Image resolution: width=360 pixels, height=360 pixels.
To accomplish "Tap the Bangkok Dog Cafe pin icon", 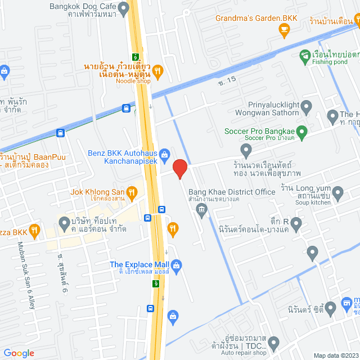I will pyautogui.click(x=124, y=7).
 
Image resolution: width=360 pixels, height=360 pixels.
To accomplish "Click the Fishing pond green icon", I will pyautogui.click(x=304, y=55).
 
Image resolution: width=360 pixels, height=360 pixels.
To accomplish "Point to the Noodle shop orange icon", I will pyautogui.click(x=158, y=70).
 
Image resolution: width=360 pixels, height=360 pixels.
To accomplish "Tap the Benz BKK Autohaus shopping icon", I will pyautogui.click(x=165, y=152).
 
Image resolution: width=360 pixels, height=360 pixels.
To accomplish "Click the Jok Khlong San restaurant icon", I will pyautogui.click(x=132, y=192).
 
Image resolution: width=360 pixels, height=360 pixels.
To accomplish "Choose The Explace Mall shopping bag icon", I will pyautogui.click(x=176, y=264).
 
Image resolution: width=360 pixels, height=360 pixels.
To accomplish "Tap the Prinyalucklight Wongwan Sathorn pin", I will pyautogui.click(x=307, y=106).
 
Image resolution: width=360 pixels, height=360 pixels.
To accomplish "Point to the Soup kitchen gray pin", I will pyautogui.click(x=337, y=194).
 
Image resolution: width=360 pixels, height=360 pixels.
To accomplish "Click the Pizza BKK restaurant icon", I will pyautogui.click(x=35, y=229).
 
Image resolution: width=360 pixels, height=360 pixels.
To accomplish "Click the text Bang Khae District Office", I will pyautogui.click(x=232, y=192).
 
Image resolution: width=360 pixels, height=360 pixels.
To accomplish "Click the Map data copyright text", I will pyautogui.click(x=335, y=355).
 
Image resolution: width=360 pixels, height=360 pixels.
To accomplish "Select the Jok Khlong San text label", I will pyautogui.click(x=97, y=191).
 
